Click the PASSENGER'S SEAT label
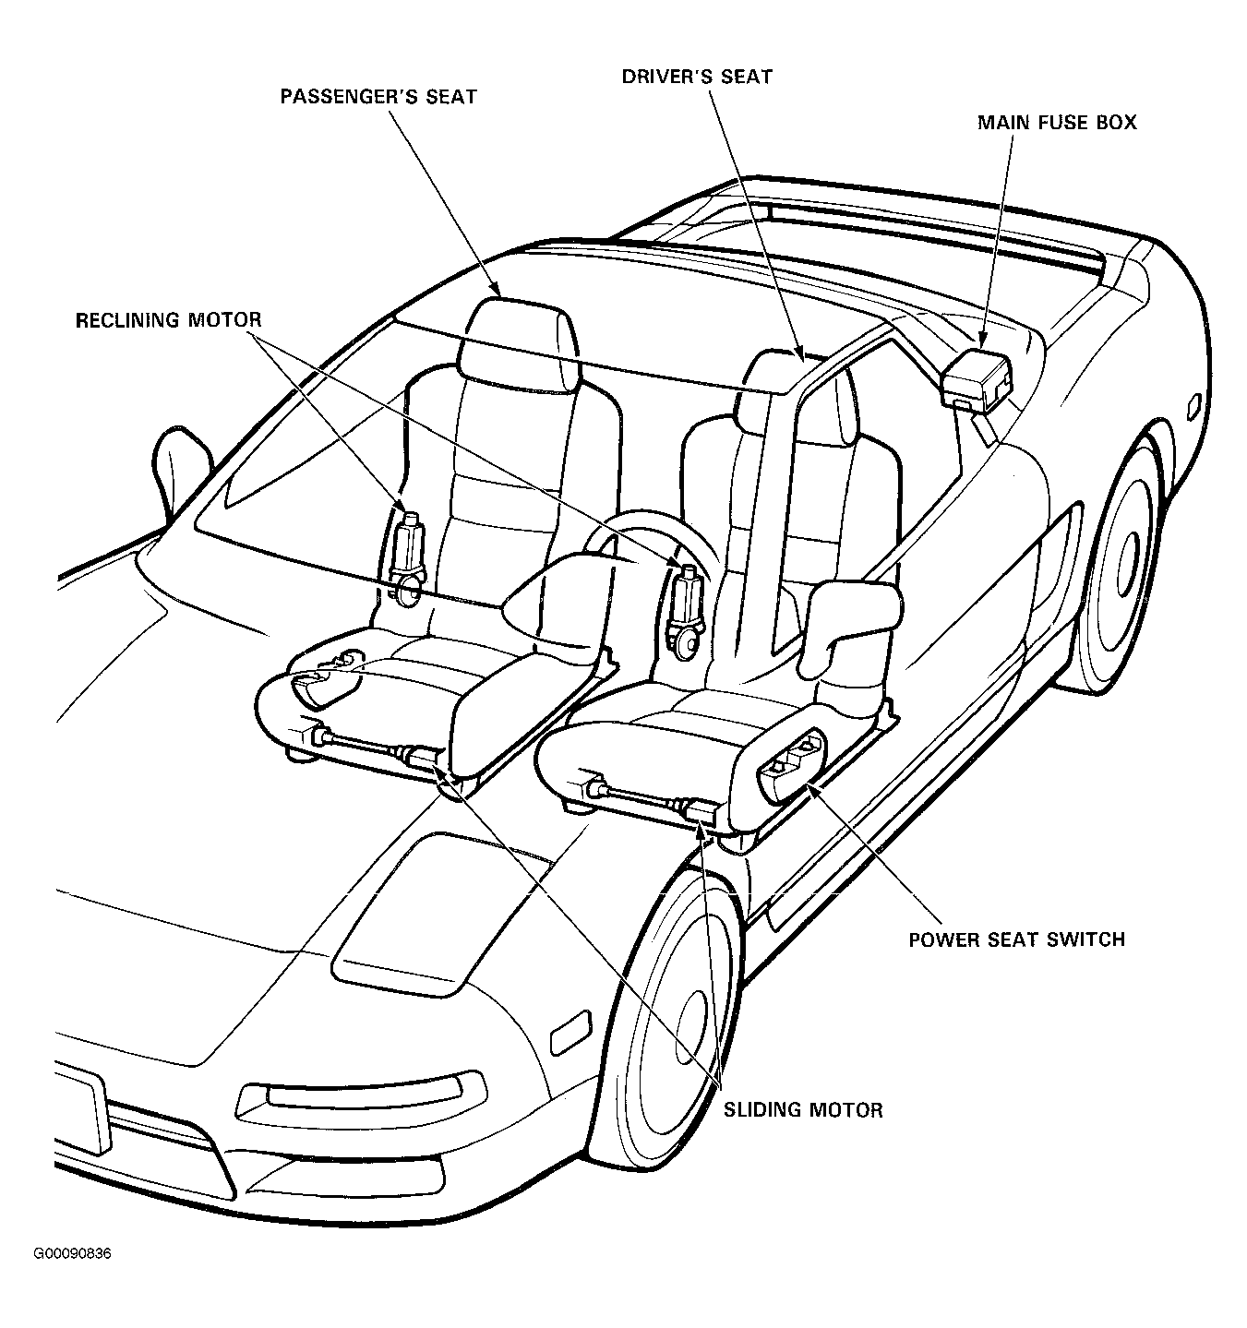pos(378,97)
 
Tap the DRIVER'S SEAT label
pos(697,77)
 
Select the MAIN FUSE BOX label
pos(1057,123)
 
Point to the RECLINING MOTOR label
pos(169,320)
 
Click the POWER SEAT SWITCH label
pos(1017,939)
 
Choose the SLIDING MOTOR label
pos(803,1110)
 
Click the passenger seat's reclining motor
pos(408,559)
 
